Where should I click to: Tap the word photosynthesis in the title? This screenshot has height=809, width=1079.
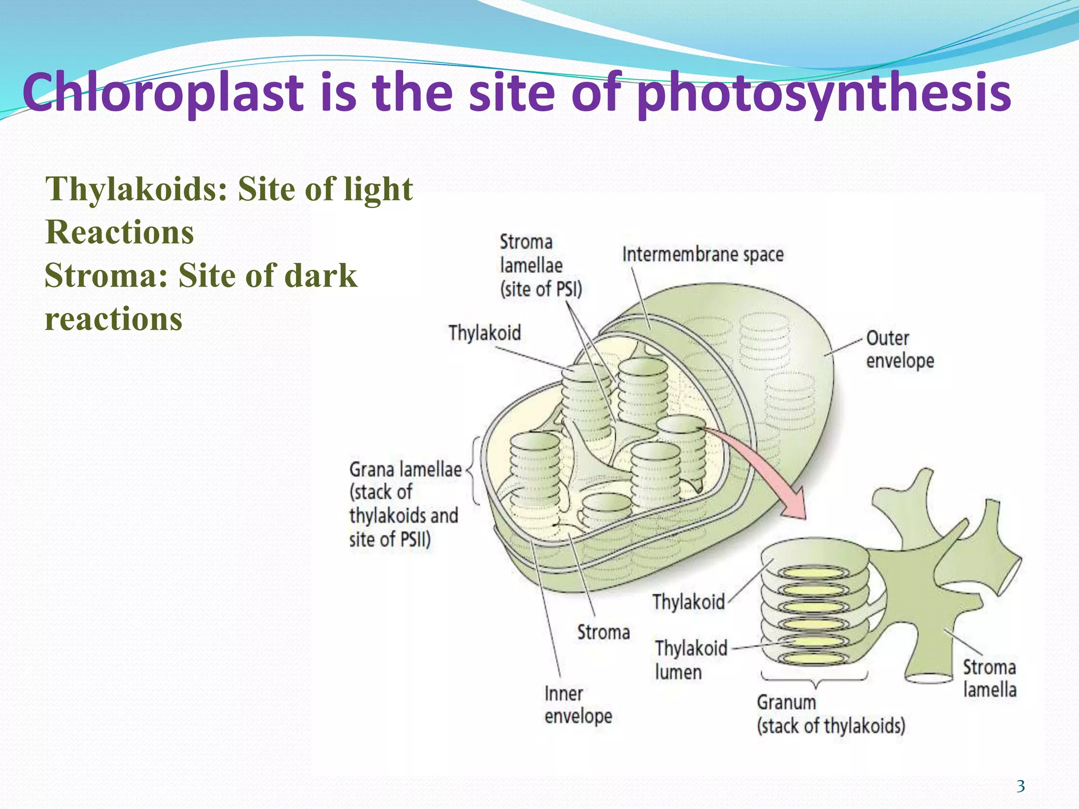click(823, 93)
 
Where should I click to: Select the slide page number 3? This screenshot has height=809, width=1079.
click(1021, 786)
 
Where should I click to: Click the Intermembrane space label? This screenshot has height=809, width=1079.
click(703, 255)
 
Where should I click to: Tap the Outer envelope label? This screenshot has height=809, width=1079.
click(900, 349)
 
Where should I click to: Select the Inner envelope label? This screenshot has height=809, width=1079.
click(578, 705)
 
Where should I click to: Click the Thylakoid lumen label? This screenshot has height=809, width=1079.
click(691, 660)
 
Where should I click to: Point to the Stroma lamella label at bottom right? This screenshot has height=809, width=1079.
click(989, 678)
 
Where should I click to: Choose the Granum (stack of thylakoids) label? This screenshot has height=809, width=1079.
click(831, 714)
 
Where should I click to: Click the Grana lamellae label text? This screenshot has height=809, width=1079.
click(405, 469)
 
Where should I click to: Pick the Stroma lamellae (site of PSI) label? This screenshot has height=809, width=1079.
click(541, 266)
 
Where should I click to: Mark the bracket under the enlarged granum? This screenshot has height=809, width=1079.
click(815, 679)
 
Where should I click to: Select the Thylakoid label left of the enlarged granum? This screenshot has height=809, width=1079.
click(688, 601)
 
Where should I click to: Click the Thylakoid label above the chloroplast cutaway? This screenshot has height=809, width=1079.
click(484, 333)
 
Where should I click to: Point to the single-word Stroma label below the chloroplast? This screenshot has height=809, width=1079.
click(603, 632)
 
